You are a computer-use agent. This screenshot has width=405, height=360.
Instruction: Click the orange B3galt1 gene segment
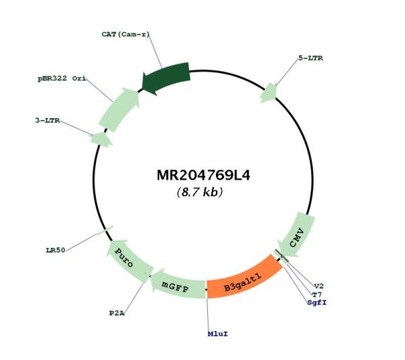coord(244,278)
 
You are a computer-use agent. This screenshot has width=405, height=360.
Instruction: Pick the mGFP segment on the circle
coord(178,284)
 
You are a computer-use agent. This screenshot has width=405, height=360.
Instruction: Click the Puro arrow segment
coord(128,259)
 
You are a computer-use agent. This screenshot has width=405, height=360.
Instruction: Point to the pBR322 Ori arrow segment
coord(119,109)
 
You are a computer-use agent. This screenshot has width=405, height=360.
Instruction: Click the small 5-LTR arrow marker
coord(269,93)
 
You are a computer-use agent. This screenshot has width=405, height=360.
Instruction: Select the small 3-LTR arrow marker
coord(101,140)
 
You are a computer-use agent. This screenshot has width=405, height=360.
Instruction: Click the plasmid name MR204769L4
coord(204,176)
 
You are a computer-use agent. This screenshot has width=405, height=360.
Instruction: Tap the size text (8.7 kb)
coord(200,192)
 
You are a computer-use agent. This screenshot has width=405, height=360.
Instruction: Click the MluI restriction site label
coord(218,334)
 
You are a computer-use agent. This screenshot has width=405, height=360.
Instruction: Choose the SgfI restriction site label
coord(317,303)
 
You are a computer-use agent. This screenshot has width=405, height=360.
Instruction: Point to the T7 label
coord(317,294)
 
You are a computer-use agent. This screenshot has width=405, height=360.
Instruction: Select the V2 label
coord(319,286)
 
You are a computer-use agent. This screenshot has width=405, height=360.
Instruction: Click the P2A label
coord(117,313)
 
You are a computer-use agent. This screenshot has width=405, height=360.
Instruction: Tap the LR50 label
coord(55,250)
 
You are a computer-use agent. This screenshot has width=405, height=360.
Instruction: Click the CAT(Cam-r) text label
coord(126,34)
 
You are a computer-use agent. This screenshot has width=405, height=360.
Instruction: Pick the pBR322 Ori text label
coord(62,78)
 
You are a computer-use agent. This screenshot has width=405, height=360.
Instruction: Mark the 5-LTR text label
coord(310,58)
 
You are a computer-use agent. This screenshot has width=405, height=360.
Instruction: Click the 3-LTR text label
coord(47,120)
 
